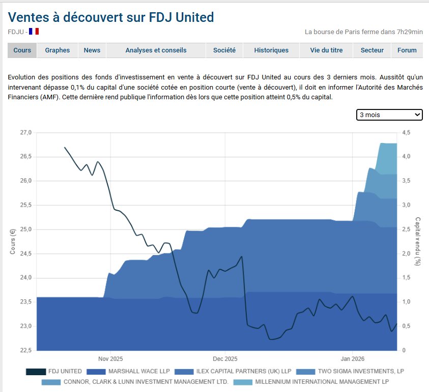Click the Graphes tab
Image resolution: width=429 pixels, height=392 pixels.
pyautogui.click(x=57, y=50)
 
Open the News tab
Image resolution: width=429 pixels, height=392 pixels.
pyautogui.click(x=92, y=50)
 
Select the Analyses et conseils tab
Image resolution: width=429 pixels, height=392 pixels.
pyautogui.click(x=156, y=50)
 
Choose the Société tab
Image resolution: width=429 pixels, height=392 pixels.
pyautogui.click(x=224, y=50)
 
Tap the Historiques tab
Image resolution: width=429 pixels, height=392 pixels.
pyautogui.click(x=271, y=50)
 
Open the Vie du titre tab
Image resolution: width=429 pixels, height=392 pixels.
pyautogui.click(x=326, y=50)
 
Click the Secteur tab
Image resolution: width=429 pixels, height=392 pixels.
pyautogui.click(x=372, y=50)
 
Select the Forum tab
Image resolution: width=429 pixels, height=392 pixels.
pyautogui.click(x=407, y=50)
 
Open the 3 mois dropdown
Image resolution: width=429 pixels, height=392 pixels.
pyautogui.click(x=389, y=115)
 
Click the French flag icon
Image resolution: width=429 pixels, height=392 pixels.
pyautogui.click(x=34, y=32)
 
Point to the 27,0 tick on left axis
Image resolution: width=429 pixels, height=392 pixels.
pyautogui.click(x=25, y=133)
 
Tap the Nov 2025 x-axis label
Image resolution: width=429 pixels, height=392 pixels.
pyautogui.click(x=111, y=358)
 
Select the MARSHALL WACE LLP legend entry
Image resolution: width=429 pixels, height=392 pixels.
pyautogui.click(x=129, y=372)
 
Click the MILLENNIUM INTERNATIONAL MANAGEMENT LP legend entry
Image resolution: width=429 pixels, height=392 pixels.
pyautogui.click(x=322, y=381)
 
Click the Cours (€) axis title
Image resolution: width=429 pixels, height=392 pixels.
pyautogui.click(x=13, y=241)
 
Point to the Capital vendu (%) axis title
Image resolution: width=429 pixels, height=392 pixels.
pyautogui.click(x=418, y=241)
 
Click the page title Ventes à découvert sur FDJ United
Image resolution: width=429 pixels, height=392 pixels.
pyautogui.click(x=111, y=17)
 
